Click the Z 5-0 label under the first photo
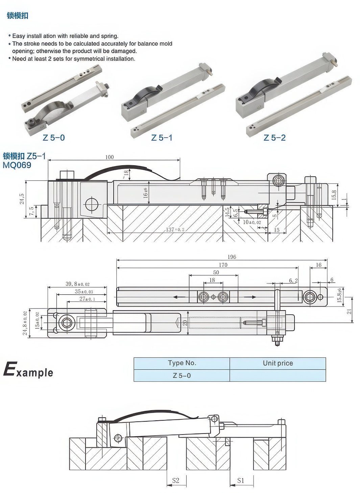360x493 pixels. point(54,138)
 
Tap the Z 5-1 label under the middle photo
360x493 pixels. point(162,138)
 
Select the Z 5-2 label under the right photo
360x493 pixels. point(274,138)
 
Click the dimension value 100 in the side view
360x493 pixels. point(110,157)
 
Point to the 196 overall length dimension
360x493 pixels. point(232,257)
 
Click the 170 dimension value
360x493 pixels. point(223,265)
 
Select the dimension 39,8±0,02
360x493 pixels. point(77,284)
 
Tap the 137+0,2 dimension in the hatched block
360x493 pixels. point(175,230)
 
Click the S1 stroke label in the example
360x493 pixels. point(241,480)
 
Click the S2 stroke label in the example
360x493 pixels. point(176,480)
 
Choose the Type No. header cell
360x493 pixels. point(182,363)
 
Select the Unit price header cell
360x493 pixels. point(278,363)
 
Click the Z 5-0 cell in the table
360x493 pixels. point(182,375)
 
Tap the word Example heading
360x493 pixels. point(28,371)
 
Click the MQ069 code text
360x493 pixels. point(17,165)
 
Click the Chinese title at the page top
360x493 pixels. point(18,16)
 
